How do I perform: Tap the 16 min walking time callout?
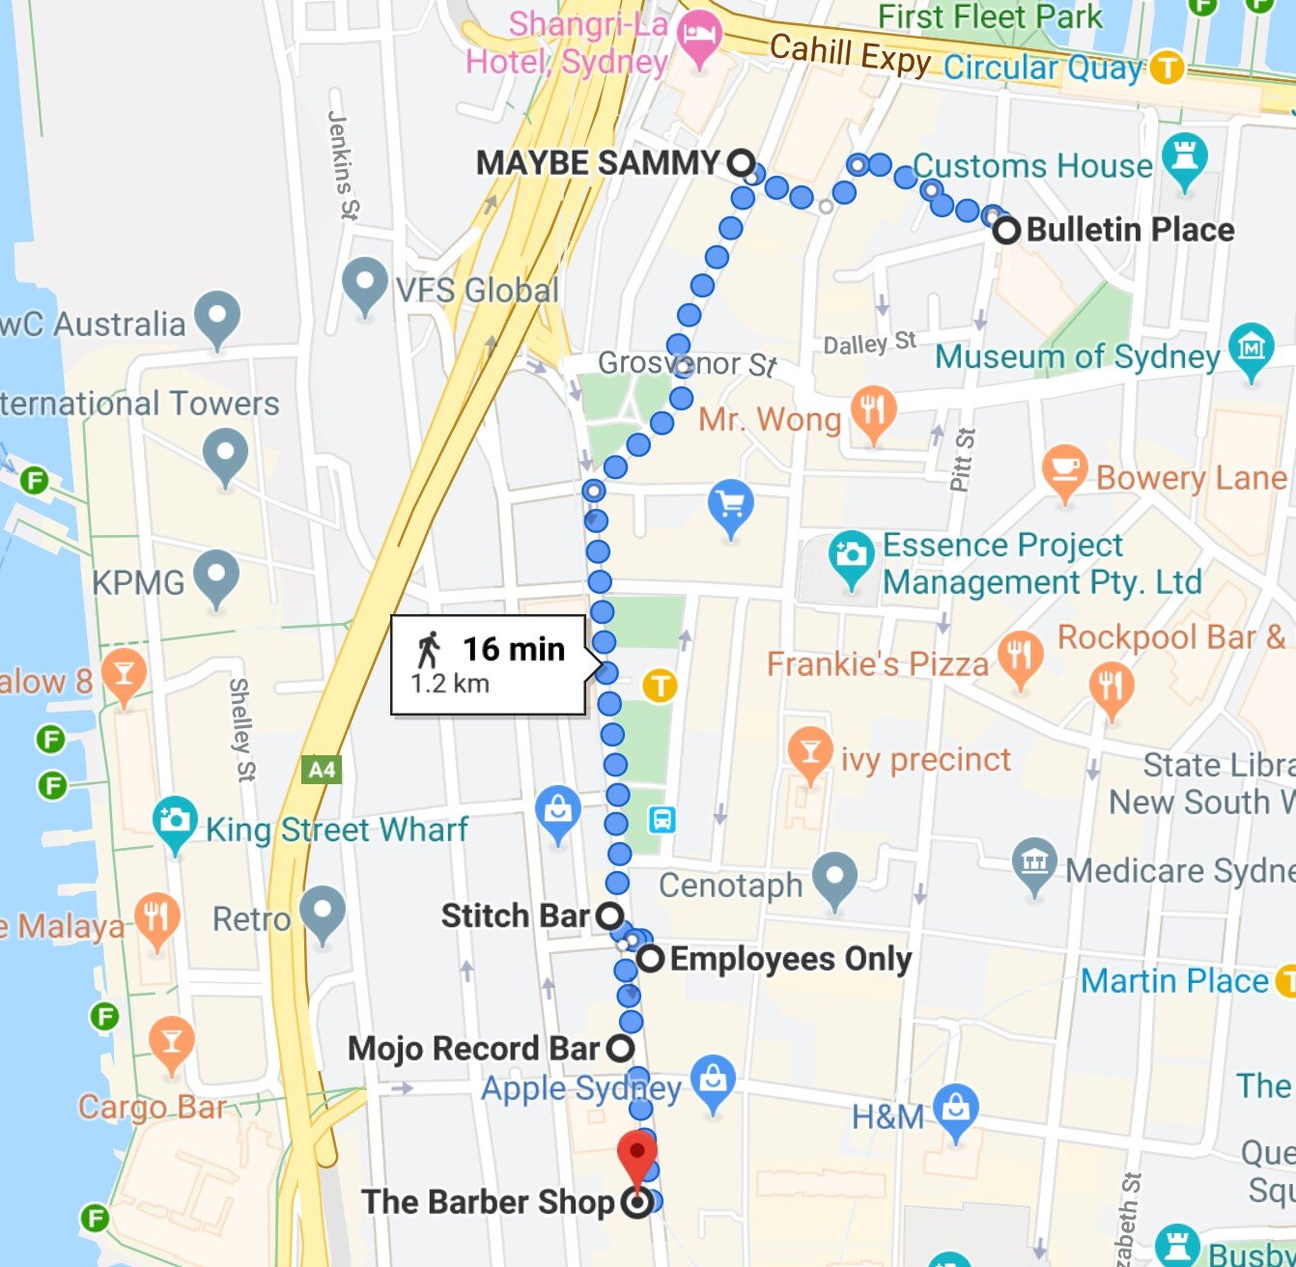489,664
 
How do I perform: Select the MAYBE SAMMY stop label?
598,163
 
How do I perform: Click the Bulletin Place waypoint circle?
1006,231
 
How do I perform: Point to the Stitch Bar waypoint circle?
609,915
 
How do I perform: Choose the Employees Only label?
790,959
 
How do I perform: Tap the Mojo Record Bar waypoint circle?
621,1048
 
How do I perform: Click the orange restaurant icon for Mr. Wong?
874,413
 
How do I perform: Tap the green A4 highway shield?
322,770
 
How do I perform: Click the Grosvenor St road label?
687,364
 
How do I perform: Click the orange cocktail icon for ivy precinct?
809,753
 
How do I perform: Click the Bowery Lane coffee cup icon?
1064,470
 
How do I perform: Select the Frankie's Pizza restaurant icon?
1020,658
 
